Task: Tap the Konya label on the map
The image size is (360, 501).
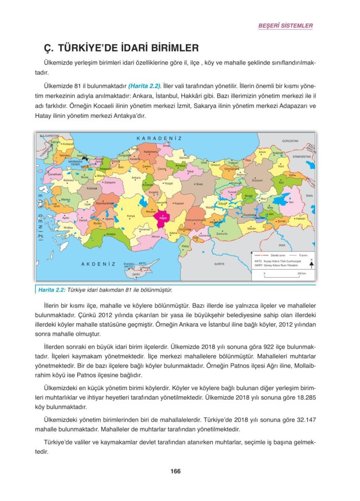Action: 131,216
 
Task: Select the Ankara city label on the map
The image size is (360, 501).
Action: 136,178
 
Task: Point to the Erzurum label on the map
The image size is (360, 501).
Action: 257,180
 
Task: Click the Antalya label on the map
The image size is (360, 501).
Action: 111,234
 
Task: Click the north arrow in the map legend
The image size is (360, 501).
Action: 312,265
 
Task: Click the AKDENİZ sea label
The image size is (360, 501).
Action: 98,264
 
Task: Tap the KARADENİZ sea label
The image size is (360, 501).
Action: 159,138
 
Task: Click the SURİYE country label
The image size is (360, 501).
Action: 219,264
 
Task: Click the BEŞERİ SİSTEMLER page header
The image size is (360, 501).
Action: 285,25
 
